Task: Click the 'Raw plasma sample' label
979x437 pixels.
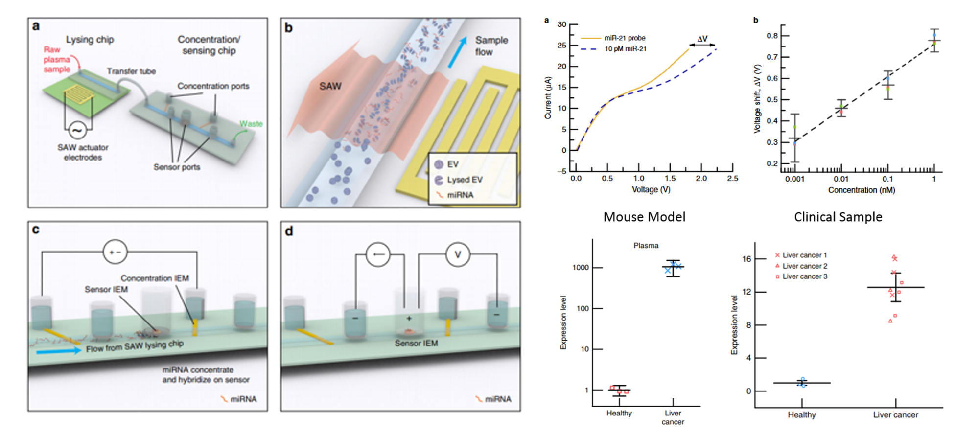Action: coord(57,59)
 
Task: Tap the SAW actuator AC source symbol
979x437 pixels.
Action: coord(77,130)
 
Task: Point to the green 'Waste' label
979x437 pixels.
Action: coord(251,124)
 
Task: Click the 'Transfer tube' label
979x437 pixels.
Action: coord(131,71)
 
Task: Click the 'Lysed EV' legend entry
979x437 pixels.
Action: coord(464,180)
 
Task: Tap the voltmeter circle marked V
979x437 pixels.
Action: coord(458,254)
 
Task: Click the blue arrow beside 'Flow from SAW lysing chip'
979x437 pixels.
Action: coord(58,350)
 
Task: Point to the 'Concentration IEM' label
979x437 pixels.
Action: coord(155,278)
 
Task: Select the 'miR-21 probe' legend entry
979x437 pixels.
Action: coord(625,38)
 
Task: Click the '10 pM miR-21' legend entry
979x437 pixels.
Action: coord(625,49)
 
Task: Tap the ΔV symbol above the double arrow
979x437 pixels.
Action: coord(702,39)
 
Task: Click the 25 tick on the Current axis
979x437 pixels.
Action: coord(561,46)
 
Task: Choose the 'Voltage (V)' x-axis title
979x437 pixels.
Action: coord(651,190)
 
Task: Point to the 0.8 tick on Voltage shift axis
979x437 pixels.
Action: coord(772,36)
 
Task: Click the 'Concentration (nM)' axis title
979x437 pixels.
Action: coord(862,190)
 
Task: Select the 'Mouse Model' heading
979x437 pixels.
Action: coord(644,217)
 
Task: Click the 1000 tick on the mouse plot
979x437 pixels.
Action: coord(581,268)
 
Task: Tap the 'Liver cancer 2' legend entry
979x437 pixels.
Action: coord(804,266)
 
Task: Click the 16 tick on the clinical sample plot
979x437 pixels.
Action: coord(746,259)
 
